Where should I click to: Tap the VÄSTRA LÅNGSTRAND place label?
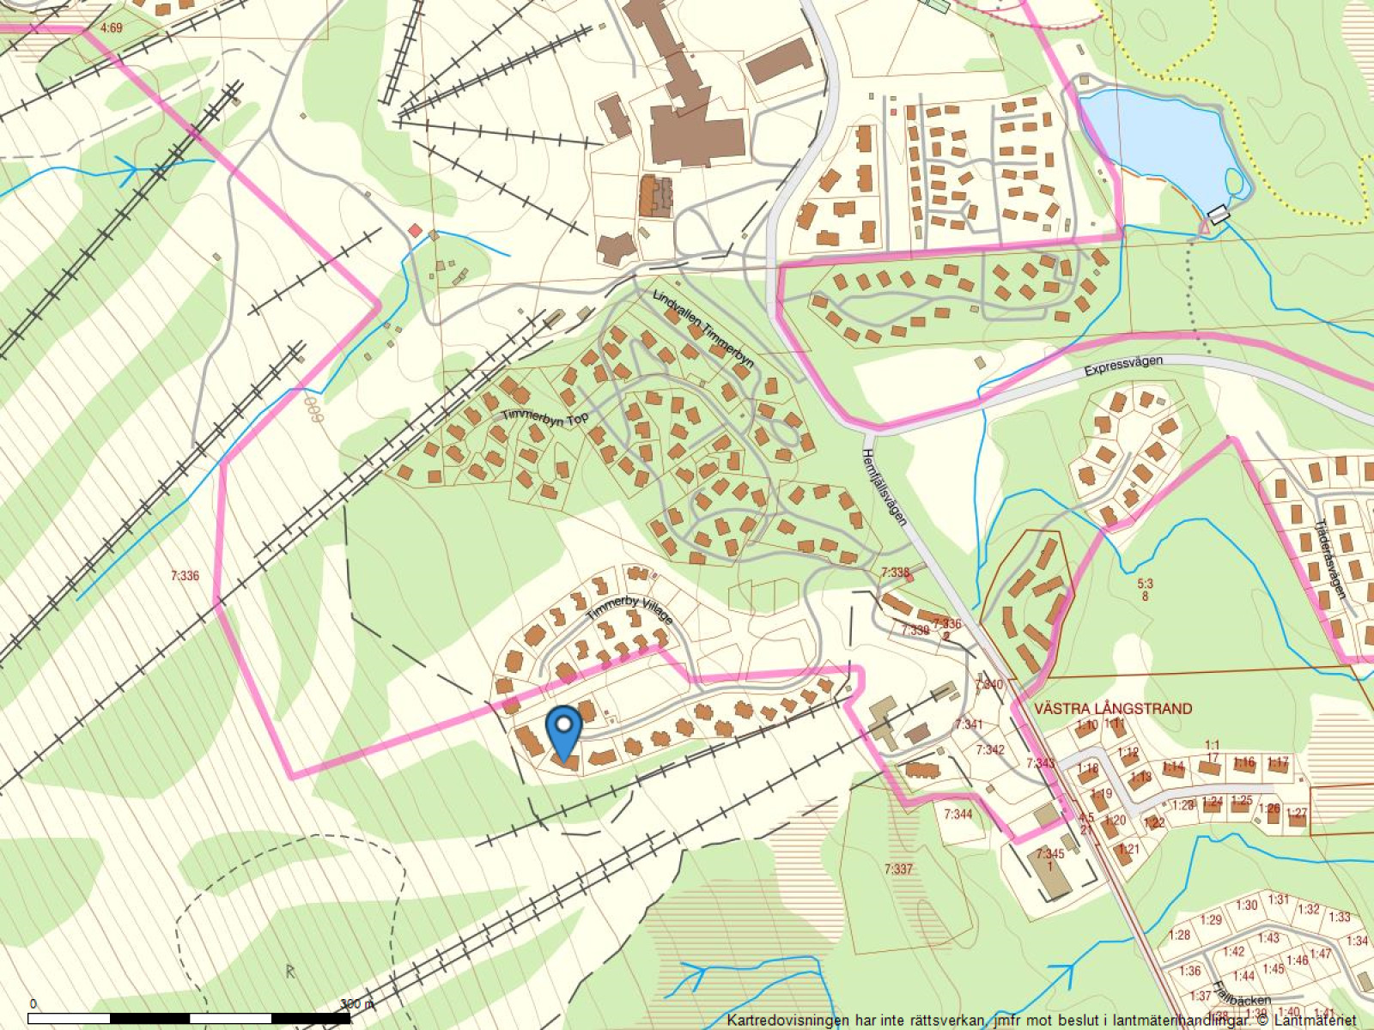tap(1113, 709)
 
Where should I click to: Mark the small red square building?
tap(415, 231)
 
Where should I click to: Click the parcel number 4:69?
tap(112, 28)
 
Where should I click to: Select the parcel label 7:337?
tap(898, 869)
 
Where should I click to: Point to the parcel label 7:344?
tap(958, 814)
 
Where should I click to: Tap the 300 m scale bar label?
tap(356, 1003)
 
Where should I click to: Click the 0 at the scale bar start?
tap(33, 1003)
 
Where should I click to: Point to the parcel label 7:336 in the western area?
tap(185, 576)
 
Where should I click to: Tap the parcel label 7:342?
tap(989, 750)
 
